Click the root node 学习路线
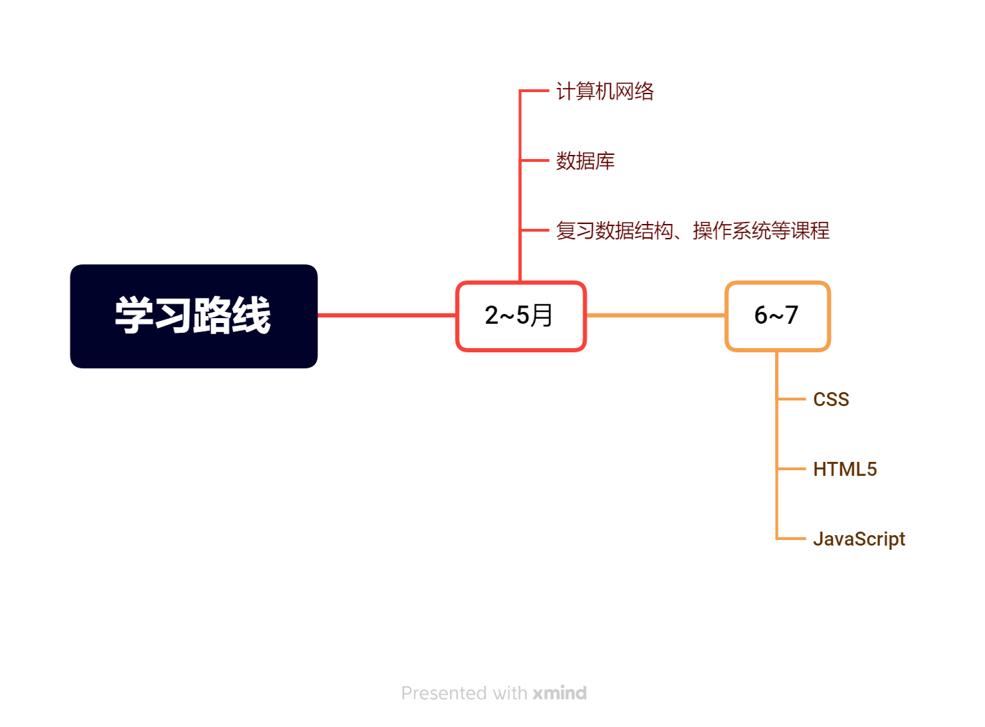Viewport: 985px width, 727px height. pyautogui.click(x=193, y=316)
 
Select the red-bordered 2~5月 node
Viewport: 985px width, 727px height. pyautogui.click(x=520, y=316)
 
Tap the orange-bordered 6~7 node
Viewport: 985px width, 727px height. pyautogui.click(x=777, y=316)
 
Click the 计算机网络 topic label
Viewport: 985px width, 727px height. pyautogui.click(x=605, y=91)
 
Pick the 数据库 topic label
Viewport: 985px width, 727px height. pyautogui.click(x=585, y=161)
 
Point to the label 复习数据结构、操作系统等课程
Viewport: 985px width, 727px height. pyautogui.click(x=693, y=230)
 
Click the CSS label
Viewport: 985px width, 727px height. pyautogui.click(x=831, y=400)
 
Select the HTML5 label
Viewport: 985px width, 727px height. pyautogui.click(x=845, y=470)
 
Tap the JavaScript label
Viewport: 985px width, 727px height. pyautogui.click(x=859, y=539)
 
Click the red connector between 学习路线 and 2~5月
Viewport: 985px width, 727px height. pyautogui.click(x=386, y=315)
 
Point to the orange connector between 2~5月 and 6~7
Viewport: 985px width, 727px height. pyautogui.click(x=656, y=315)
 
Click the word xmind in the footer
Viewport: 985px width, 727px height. pyautogui.click(x=559, y=694)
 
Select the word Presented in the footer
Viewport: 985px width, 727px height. pyautogui.click(x=444, y=694)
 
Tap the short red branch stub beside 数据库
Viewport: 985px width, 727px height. pyautogui.click(x=535, y=160)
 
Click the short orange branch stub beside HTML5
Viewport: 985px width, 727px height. pyautogui.click(x=792, y=469)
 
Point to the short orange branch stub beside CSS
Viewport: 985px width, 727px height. pyautogui.click(x=792, y=399)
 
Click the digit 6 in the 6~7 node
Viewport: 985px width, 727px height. pyautogui.click(x=761, y=315)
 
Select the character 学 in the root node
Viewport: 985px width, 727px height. pyautogui.click(x=135, y=315)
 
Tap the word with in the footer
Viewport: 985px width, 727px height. pyautogui.click(x=510, y=694)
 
